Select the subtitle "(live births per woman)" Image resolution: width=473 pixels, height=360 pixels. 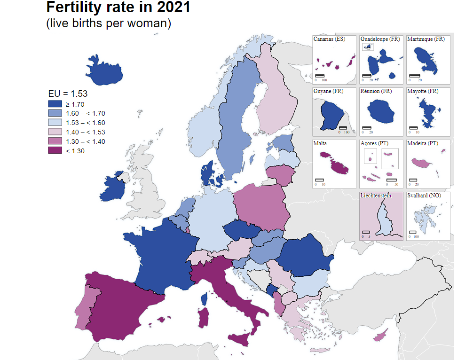click(108, 23)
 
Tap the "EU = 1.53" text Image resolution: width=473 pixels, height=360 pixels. click(68, 94)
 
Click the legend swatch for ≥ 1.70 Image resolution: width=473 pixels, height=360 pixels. click(55, 104)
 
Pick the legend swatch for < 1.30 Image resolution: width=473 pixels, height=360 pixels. click(55, 150)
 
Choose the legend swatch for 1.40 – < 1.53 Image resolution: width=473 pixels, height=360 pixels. click(55, 132)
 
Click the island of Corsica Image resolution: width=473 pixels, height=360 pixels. click(205, 299)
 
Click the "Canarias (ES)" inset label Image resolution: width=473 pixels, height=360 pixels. click(329, 39)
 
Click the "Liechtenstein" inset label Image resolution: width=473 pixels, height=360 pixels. click(376, 196)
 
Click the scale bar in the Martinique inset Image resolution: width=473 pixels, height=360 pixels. click(414, 75)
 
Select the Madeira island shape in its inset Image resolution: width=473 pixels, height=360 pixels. click(422, 163)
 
